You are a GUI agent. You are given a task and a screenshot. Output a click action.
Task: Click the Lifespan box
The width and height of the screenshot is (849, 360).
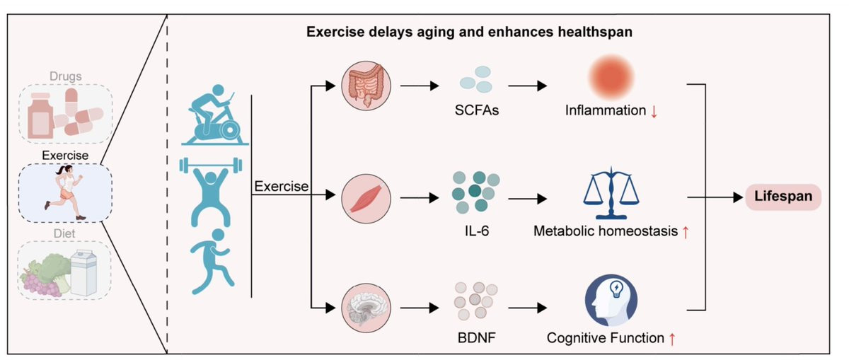tap(782, 197)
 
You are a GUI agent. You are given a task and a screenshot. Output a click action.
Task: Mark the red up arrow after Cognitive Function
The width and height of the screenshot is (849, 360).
tap(671, 338)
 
